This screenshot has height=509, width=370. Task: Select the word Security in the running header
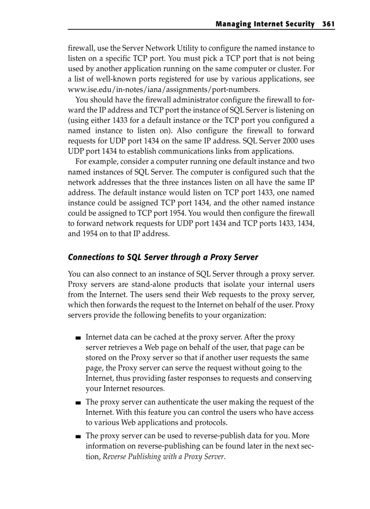tap(298, 24)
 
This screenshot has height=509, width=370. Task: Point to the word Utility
tap(190, 48)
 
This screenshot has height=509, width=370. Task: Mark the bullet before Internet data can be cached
tap(78, 338)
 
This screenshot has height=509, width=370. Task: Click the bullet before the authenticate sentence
tap(78, 402)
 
